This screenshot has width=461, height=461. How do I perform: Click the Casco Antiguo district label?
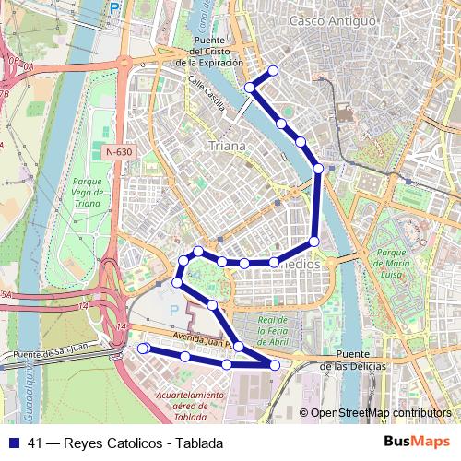pos(332,20)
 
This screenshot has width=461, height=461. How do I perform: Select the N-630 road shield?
pos(119,151)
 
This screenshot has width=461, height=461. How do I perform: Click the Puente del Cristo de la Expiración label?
pos(214,52)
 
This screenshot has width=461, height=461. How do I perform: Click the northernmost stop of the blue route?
pos(272,72)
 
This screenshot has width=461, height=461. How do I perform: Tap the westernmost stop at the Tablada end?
pos(143,349)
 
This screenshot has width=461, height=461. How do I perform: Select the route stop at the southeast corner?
pos(276,366)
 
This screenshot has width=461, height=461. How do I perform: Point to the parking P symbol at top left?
pos(114,7)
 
